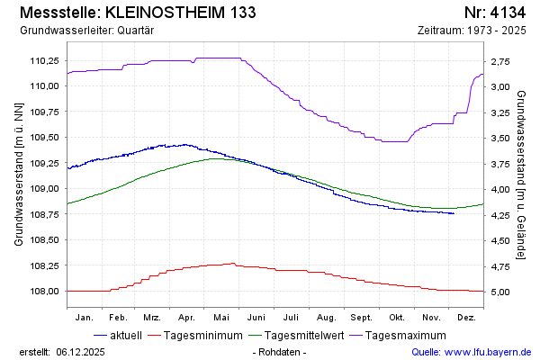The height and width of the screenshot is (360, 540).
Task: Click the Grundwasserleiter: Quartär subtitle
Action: [86, 31]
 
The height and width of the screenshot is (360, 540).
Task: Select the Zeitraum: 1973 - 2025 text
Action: [472, 31]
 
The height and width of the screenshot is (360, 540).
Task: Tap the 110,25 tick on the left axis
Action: [44, 60]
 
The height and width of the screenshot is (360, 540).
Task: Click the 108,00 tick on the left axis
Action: [44, 292]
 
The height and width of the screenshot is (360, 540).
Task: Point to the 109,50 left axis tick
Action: [44, 138]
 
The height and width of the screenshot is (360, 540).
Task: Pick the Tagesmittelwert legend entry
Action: [305, 336]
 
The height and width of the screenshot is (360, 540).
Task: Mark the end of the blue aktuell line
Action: [454, 213]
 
